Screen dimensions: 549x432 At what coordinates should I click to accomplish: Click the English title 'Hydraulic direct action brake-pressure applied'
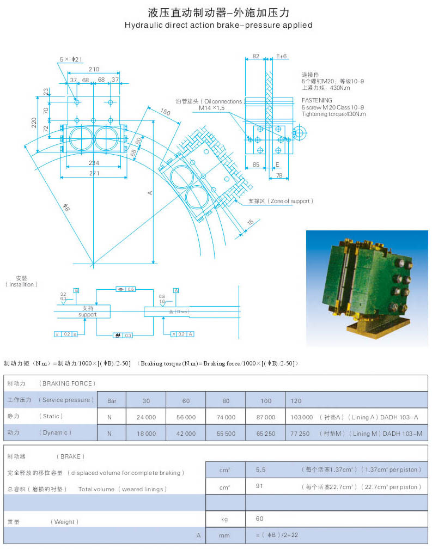click(218, 25)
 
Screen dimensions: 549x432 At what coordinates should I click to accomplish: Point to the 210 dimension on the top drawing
click(94, 69)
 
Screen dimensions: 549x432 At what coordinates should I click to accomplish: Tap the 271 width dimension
click(94, 173)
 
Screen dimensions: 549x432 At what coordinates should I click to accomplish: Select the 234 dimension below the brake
click(94, 162)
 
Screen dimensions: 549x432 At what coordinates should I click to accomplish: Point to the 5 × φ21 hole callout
click(71, 59)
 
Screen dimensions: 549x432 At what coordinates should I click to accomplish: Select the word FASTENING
click(318, 100)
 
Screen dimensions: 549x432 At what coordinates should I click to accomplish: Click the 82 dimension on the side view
click(255, 56)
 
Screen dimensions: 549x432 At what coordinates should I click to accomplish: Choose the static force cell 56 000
click(186, 417)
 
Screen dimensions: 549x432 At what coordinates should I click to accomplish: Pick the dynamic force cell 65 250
click(265, 434)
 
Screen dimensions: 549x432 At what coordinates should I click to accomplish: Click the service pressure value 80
click(226, 400)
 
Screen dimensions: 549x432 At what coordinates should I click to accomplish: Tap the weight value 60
click(260, 519)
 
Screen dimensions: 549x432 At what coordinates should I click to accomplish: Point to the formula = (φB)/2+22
click(276, 535)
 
